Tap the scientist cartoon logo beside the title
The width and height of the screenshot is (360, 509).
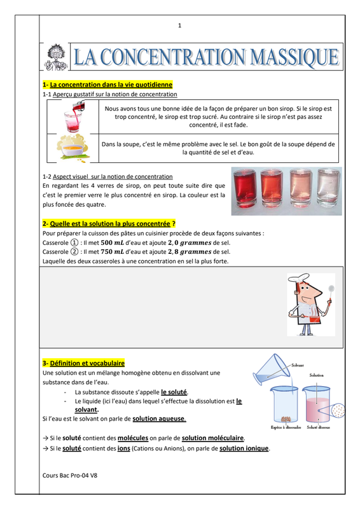pos(56,57)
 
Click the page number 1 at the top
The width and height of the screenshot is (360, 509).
pos(180,25)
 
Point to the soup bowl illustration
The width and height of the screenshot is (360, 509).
pos(73,148)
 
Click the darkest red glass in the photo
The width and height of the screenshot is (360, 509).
pos(245,188)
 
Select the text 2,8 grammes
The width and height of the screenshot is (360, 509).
pos(190,251)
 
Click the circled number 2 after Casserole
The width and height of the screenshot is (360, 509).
pos(74,251)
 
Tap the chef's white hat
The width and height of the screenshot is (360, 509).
pos(299,278)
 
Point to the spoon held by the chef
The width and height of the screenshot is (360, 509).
pos(331,293)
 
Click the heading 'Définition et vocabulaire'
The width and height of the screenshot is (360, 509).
pos(87,363)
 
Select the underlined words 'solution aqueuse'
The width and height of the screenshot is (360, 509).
pos(159,419)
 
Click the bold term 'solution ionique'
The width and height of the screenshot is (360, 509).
pos(244,449)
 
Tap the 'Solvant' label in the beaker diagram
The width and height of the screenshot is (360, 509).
pos(297,365)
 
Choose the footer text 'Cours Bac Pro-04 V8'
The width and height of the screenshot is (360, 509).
pos(70,475)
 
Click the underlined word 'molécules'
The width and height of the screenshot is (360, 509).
pos(133,438)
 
